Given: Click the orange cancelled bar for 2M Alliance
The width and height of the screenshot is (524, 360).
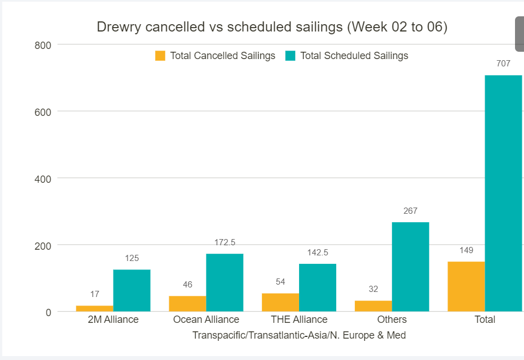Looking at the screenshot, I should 94,308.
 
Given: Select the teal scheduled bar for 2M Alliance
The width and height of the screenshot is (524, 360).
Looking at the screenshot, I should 132,290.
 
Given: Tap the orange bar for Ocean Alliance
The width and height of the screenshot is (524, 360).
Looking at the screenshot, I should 187,304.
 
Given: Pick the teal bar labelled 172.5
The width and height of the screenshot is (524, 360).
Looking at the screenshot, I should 224,282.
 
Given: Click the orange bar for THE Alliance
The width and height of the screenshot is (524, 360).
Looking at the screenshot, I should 280,302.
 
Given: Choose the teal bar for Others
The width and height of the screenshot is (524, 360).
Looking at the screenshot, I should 410,267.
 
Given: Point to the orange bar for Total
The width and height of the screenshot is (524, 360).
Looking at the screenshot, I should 466,286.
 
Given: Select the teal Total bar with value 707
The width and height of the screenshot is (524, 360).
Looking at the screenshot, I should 503,193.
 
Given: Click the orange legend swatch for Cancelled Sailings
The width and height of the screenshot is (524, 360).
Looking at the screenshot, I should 160,56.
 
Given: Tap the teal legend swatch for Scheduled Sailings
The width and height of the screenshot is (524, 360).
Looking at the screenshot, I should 290,56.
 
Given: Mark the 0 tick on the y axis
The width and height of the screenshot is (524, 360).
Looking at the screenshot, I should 48,312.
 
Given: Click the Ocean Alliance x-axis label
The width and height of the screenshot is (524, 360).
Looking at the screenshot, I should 206,319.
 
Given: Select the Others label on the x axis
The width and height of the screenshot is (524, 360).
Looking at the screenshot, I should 392,319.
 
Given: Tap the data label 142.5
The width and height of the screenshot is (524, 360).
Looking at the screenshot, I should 318,253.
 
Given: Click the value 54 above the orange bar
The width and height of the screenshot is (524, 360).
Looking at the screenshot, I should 280,282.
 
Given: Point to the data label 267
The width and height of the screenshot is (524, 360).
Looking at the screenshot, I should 410,211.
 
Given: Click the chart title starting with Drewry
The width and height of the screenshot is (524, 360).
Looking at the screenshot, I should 272,27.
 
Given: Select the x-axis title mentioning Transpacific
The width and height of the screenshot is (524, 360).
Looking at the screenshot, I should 299,335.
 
